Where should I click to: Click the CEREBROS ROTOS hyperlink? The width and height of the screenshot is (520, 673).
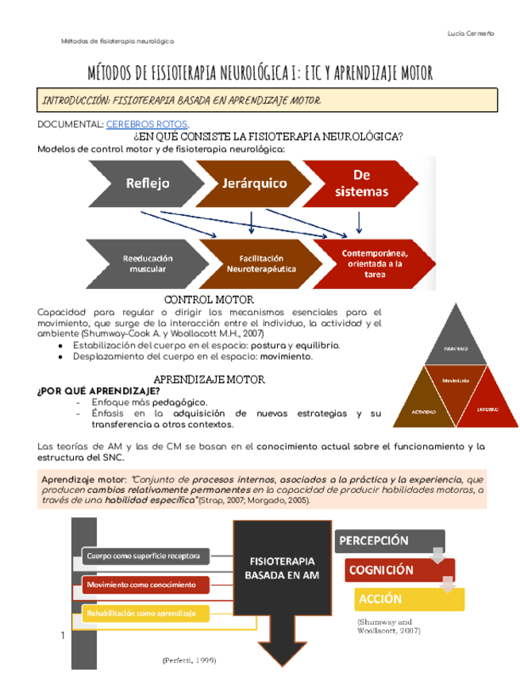pyautogui.click(x=148, y=125)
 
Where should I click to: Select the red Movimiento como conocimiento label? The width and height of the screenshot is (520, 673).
pyautogui.click(x=145, y=585)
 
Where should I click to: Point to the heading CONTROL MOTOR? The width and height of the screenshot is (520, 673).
pyautogui.click(x=208, y=299)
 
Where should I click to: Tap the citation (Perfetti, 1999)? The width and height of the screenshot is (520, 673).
pyautogui.click(x=190, y=660)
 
